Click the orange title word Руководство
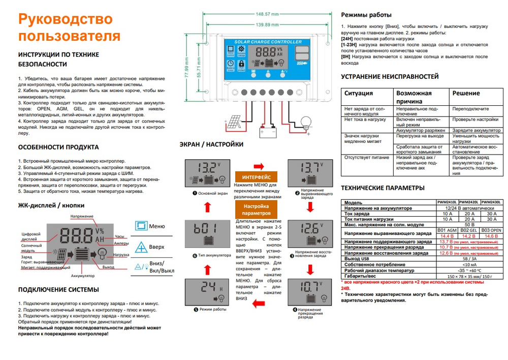65,19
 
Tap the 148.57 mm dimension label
267,14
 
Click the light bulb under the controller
305,122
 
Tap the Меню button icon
141,226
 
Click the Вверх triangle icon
141,246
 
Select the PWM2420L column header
469,202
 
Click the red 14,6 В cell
492,235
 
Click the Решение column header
466,93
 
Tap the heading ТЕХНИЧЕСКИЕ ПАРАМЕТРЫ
382,188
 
